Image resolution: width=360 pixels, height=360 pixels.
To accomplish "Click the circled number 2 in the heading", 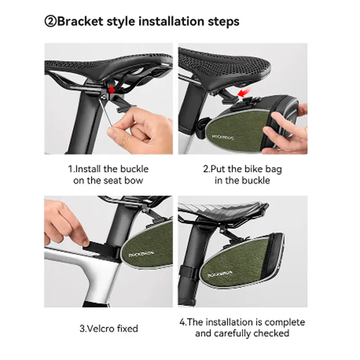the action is point(50,21).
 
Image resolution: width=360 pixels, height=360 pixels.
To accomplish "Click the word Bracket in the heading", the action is point(80,21).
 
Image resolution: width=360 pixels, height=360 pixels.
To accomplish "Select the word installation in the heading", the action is point(171,21).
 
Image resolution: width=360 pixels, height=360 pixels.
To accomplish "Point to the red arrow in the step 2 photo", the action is point(244,93).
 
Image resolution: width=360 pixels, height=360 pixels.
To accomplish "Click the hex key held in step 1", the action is point(105,112).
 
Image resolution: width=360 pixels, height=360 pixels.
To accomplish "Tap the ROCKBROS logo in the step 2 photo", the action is point(222,137).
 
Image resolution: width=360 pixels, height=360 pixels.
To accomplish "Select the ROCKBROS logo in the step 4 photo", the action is point(220,274).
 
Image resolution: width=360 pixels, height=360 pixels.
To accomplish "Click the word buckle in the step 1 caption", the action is point(134,169).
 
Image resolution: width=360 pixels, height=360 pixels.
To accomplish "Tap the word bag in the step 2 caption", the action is point(274,170).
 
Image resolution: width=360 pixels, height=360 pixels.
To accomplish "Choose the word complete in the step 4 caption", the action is point(285,322).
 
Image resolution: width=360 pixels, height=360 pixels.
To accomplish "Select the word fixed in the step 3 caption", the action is point(127,328).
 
